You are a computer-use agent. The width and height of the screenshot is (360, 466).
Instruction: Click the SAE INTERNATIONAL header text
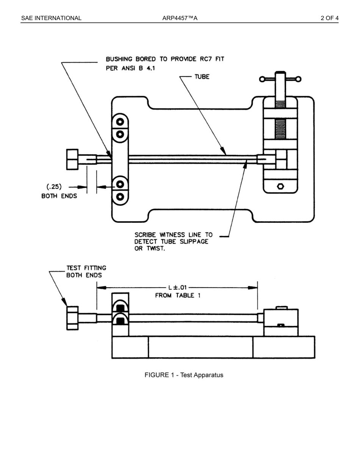[51, 18]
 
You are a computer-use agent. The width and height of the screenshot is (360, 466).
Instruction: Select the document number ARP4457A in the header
[180, 18]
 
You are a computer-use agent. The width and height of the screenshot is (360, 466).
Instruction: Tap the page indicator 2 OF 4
[329, 18]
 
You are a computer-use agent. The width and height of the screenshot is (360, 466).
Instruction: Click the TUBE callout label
[202, 77]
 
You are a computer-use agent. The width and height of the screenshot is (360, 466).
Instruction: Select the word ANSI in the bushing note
[134, 69]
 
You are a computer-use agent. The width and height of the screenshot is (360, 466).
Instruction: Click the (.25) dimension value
[54, 187]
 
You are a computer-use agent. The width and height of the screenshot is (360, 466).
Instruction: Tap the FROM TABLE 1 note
[177, 296]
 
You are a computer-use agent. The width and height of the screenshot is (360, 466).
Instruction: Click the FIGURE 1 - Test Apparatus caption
[184, 375]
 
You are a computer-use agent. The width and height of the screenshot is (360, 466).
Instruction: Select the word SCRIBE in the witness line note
[145, 235]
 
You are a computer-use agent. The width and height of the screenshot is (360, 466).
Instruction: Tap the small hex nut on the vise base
[280, 186]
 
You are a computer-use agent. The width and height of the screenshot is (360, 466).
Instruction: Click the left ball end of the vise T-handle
[262, 79]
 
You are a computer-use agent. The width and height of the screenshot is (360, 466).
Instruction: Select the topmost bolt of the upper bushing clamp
[120, 122]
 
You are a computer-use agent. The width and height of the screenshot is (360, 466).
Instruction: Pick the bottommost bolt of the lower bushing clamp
[120, 197]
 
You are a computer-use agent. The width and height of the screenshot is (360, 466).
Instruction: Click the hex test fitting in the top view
[72, 160]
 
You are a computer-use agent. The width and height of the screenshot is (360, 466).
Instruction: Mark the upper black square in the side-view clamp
[121, 307]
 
